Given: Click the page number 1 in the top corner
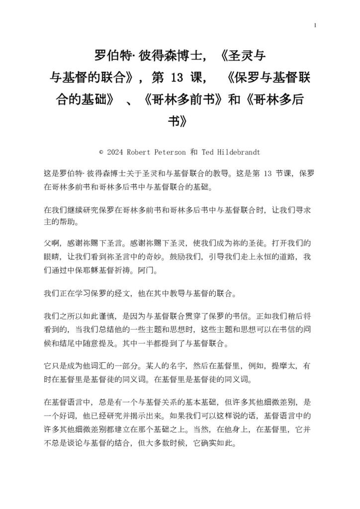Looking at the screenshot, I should point(315,25).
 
